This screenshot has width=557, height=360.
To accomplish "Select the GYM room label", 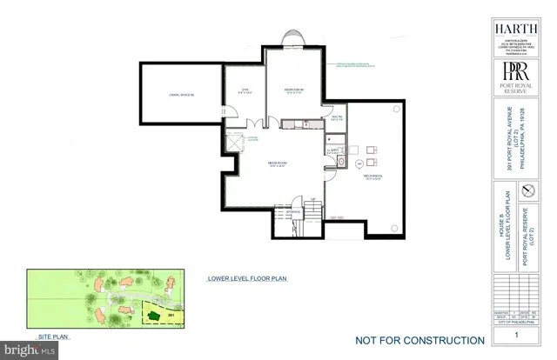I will [245, 90].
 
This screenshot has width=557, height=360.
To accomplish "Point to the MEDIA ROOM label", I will [278, 163].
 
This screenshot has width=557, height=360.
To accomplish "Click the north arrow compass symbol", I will [525, 190].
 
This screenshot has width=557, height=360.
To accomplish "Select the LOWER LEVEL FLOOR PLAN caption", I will [246, 279].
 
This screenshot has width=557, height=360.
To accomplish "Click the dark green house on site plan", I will [153, 315].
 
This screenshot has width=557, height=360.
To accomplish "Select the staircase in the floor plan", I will [311, 213].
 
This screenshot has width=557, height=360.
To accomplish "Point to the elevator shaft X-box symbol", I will [235, 143].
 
